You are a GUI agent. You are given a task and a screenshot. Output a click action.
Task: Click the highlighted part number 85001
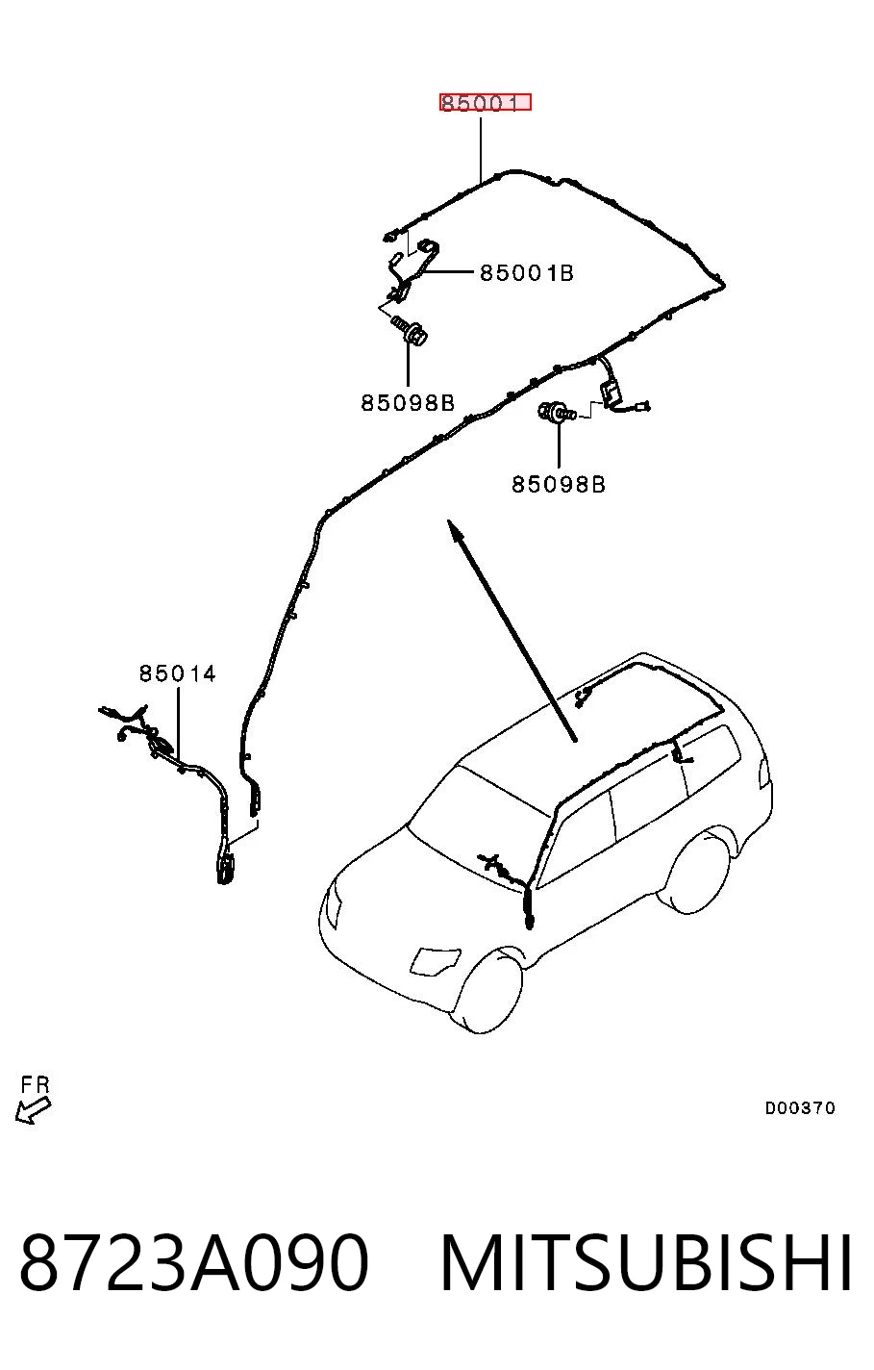click(486, 103)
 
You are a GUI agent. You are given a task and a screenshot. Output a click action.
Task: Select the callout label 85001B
click(526, 273)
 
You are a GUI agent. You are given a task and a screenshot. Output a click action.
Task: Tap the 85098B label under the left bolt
click(408, 403)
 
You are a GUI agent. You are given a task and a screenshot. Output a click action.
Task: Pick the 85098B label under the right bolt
click(558, 484)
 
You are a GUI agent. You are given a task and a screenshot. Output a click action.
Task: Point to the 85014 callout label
click(177, 673)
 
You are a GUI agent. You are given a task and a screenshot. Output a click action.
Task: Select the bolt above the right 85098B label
click(556, 412)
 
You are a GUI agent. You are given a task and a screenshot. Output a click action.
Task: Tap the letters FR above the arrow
click(35, 1085)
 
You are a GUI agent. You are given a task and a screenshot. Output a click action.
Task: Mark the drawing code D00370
click(800, 1107)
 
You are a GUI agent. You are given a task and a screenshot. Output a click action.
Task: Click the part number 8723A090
click(194, 1261)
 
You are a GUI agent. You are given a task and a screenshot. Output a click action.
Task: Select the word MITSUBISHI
click(646, 1261)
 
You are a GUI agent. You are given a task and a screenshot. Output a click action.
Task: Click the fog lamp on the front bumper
click(436, 960)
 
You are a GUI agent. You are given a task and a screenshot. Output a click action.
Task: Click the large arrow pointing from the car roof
click(512, 630)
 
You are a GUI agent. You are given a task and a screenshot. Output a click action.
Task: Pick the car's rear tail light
click(764, 773)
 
